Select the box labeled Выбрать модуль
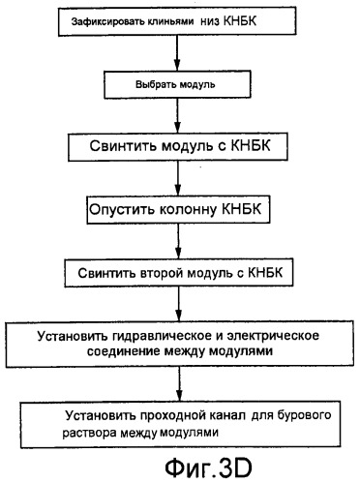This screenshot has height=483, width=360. [x=174, y=83]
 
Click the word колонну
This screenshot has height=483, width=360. [x=182, y=210]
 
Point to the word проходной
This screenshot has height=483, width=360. [x=148, y=415]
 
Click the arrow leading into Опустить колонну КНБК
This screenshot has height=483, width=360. [x=175, y=179]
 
